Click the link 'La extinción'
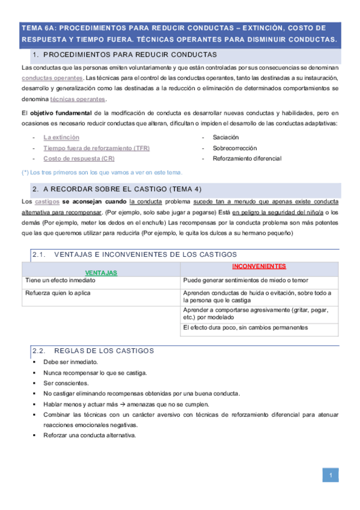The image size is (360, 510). coord(61,137)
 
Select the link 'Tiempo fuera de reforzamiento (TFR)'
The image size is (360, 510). coord(96,148)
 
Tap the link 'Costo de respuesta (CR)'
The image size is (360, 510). coord(79,159)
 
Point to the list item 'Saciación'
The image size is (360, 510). coord(226,137)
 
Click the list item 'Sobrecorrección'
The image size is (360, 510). coord(234,148)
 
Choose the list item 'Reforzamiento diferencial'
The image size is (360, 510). coord(246,159)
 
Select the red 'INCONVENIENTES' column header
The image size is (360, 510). coord(259,266)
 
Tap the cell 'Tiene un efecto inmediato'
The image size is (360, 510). coord(60,280)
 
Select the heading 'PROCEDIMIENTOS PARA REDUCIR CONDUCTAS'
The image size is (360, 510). coord(130,55)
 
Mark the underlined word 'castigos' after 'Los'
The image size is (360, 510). coord(47,201)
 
